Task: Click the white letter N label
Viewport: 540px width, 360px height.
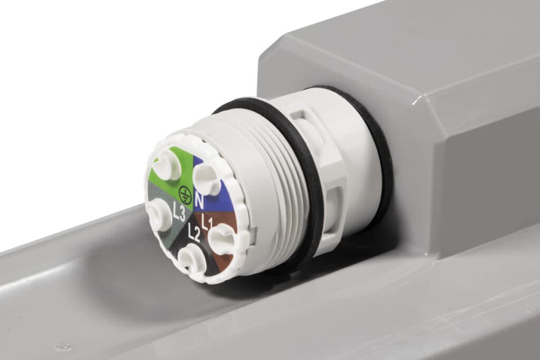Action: coord(199,201)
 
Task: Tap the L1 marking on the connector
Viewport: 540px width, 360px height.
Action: coord(208,222)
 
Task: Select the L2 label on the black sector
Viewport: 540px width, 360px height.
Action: coord(194,233)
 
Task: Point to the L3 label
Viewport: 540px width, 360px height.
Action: coord(179,212)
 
